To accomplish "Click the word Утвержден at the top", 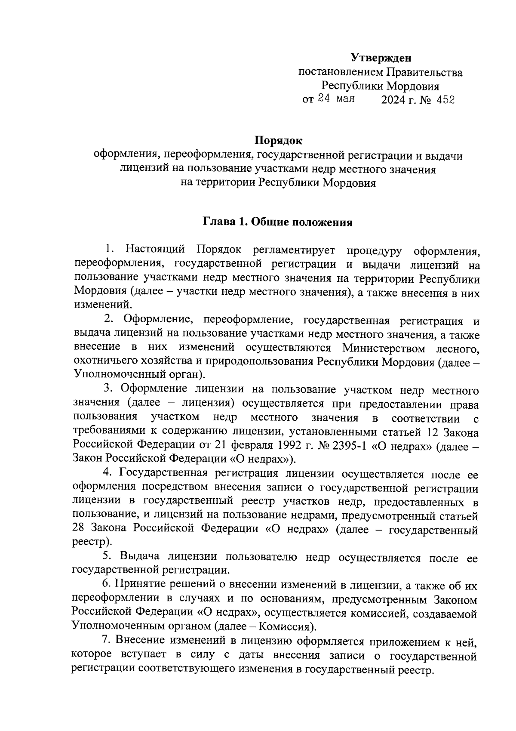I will (x=381, y=57).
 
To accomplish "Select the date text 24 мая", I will (x=336, y=99).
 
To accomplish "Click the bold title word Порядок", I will (x=278, y=141).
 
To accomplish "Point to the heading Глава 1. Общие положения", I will (x=278, y=222).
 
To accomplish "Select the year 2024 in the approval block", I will (x=393, y=100).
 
